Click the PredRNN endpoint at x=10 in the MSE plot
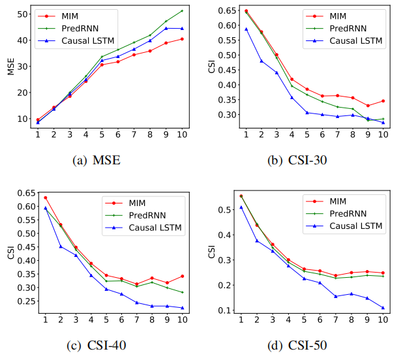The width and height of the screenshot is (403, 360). [x=182, y=10]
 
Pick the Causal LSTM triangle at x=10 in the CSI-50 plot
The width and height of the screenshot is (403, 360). [x=383, y=308]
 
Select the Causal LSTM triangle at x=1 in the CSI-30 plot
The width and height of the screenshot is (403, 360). [x=246, y=29]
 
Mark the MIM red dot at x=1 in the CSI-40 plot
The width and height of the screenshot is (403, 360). [x=45, y=198]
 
